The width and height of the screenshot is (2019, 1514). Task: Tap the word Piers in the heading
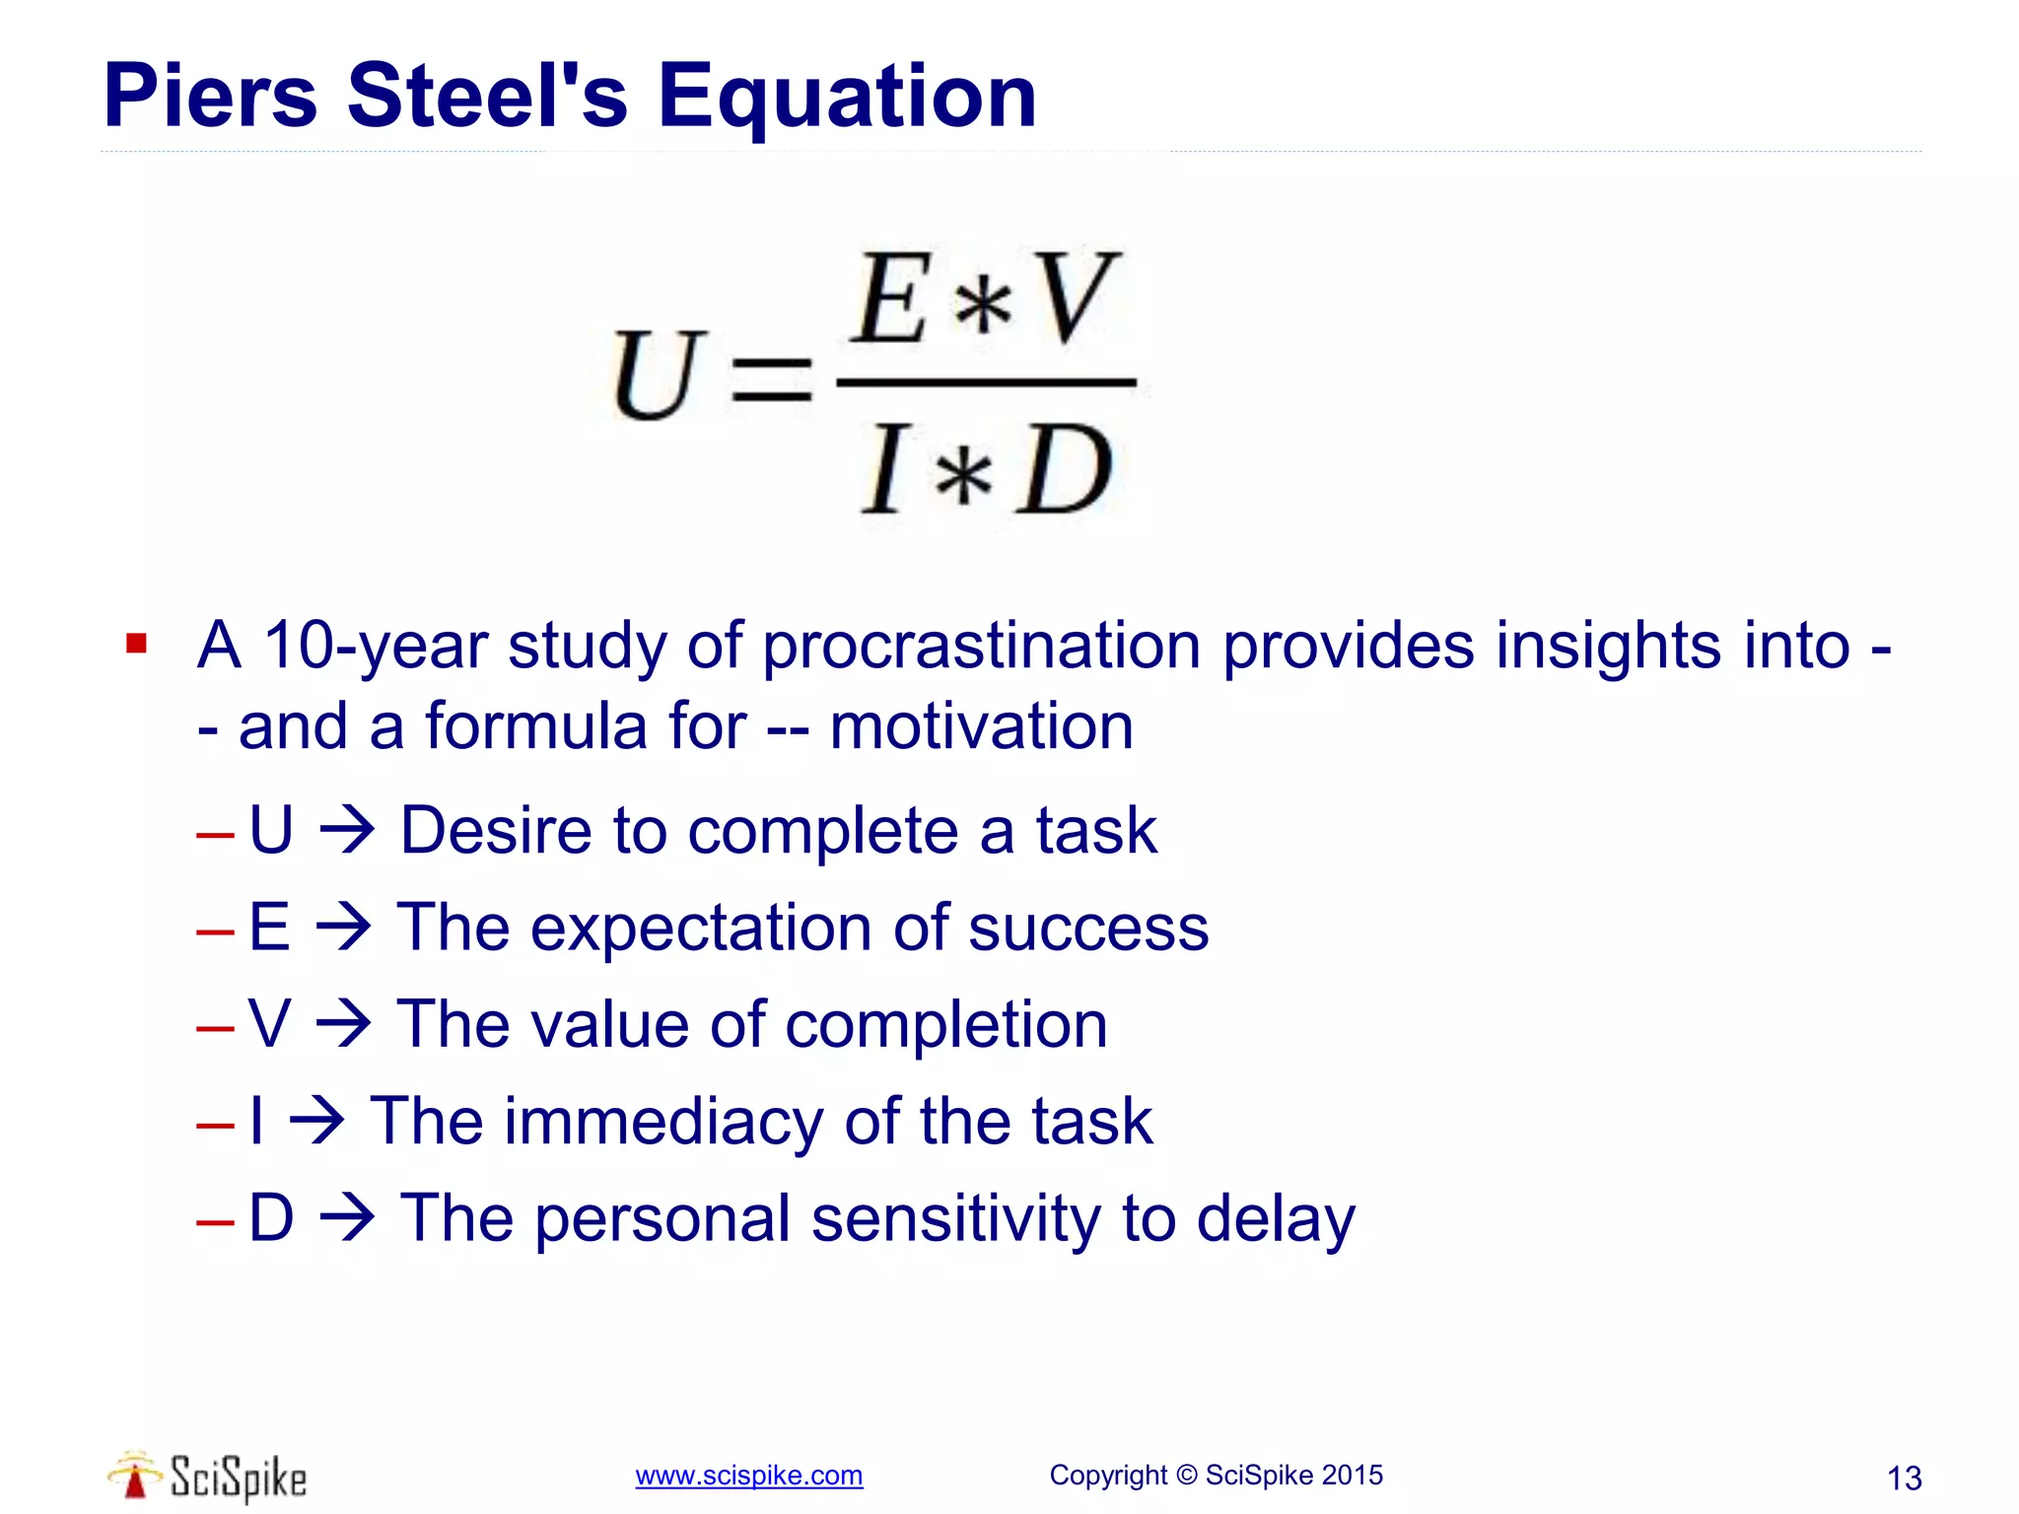(210, 96)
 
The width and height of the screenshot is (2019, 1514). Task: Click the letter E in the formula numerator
(893, 298)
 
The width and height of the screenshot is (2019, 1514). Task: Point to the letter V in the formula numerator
(1078, 298)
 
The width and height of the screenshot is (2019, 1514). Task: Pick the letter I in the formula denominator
(884, 469)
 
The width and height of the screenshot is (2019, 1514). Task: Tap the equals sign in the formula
(771, 379)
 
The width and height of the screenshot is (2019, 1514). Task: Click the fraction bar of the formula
(986, 381)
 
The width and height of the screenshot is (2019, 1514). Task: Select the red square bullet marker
(136, 645)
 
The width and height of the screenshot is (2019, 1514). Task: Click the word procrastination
(982, 647)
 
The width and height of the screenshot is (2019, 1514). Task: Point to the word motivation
(981, 726)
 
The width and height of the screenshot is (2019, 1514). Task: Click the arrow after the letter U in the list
(347, 829)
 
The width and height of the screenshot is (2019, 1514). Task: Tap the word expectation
(700, 928)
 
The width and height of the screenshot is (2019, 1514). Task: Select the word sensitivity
(954, 1218)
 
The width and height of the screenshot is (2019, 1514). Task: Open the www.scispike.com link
(748, 1476)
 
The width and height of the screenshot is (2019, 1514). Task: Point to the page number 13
(1904, 1479)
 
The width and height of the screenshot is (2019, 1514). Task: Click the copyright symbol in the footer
(1187, 1475)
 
